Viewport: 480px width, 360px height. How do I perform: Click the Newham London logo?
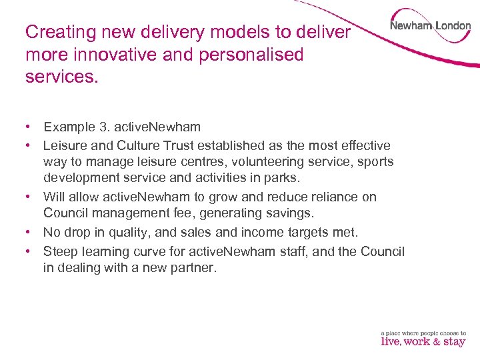point(430,27)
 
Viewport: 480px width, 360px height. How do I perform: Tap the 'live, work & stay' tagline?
point(423,341)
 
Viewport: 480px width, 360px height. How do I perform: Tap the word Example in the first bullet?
point(69,127)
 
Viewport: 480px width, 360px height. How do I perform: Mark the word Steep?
point(61,251)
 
